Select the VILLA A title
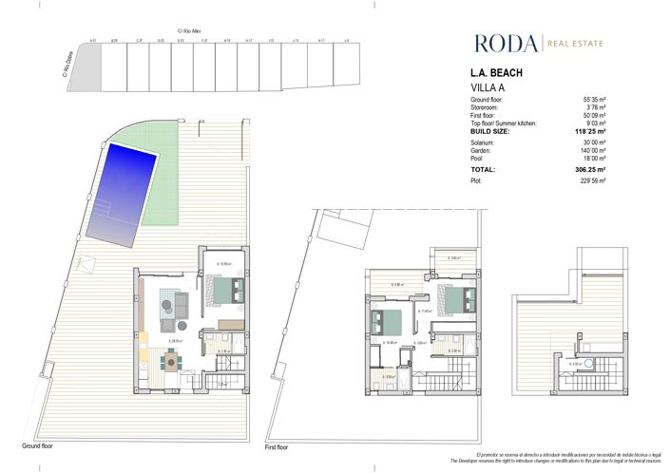click(489, 87)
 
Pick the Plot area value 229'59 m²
click(618, 180)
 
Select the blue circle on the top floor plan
click(588, 362)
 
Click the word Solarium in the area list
click(484, 143)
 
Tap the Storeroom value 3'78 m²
click(620, 106)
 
